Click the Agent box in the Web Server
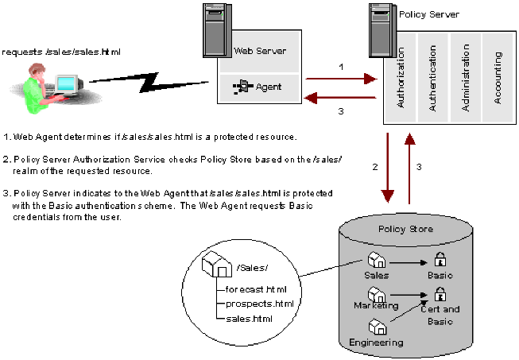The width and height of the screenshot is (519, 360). [x=260, y=85]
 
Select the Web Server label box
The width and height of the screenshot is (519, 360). [x=260, y=51]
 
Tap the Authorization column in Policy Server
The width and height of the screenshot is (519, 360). [x=400, y=77]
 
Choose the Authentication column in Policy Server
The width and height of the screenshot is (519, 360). [x=432, y=77]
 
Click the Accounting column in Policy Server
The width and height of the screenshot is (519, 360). [x=498, y=77]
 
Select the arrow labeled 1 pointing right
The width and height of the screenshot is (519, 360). [x=341, y=79]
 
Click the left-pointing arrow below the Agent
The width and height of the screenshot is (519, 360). [x=341, y=99]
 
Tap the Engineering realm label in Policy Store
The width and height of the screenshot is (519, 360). [x=376, y=343]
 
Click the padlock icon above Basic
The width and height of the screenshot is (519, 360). [x=440, y=259]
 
